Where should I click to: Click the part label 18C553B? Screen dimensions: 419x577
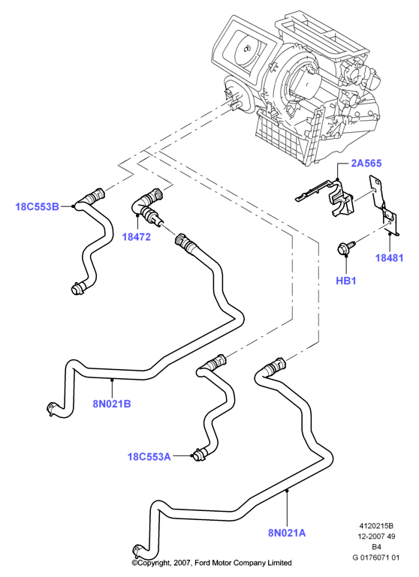point(38,206)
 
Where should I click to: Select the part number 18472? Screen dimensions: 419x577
point(137,237)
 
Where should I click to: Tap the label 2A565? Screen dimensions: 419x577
point(366,163)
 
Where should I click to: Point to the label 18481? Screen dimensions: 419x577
point(389,258)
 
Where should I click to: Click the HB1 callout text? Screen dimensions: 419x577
point(345,281)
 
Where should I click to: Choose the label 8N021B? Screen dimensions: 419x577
point(112,404)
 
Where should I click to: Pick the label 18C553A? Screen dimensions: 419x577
point(149,457)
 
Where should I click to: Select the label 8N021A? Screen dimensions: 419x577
point(287,533)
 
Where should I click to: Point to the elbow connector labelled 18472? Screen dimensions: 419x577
point(146,206)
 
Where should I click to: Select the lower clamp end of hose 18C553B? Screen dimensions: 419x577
point(77,287)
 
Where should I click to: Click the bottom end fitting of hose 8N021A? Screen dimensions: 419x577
point(138,551)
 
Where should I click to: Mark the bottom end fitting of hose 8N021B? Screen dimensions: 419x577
point(53,408)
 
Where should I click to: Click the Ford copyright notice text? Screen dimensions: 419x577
point(212,563)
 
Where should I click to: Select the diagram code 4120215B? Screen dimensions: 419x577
point(376,526)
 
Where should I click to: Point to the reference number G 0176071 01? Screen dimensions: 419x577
point(375,557)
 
